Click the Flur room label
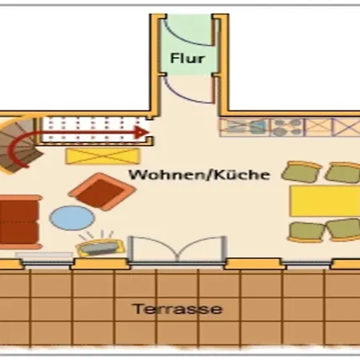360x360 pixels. [187, 58]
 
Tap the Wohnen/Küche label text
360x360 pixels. [199, 174]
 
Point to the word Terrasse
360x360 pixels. [178, 309]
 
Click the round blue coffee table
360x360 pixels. [72, 218]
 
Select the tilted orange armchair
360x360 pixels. [102, 191]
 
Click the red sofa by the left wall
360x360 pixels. [19, 222]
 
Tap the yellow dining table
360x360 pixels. [325, 201]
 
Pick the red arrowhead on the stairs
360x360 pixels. [142, 132]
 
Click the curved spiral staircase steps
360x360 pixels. [18, 146]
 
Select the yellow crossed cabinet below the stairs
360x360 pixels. [103, 156]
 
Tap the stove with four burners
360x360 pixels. [287, 127]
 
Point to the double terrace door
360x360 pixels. [178, 250]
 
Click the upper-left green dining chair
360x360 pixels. [302, 171]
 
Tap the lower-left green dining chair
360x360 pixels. [306, 232]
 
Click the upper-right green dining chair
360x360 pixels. [343, 173]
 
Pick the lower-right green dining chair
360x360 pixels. [344, 230]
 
